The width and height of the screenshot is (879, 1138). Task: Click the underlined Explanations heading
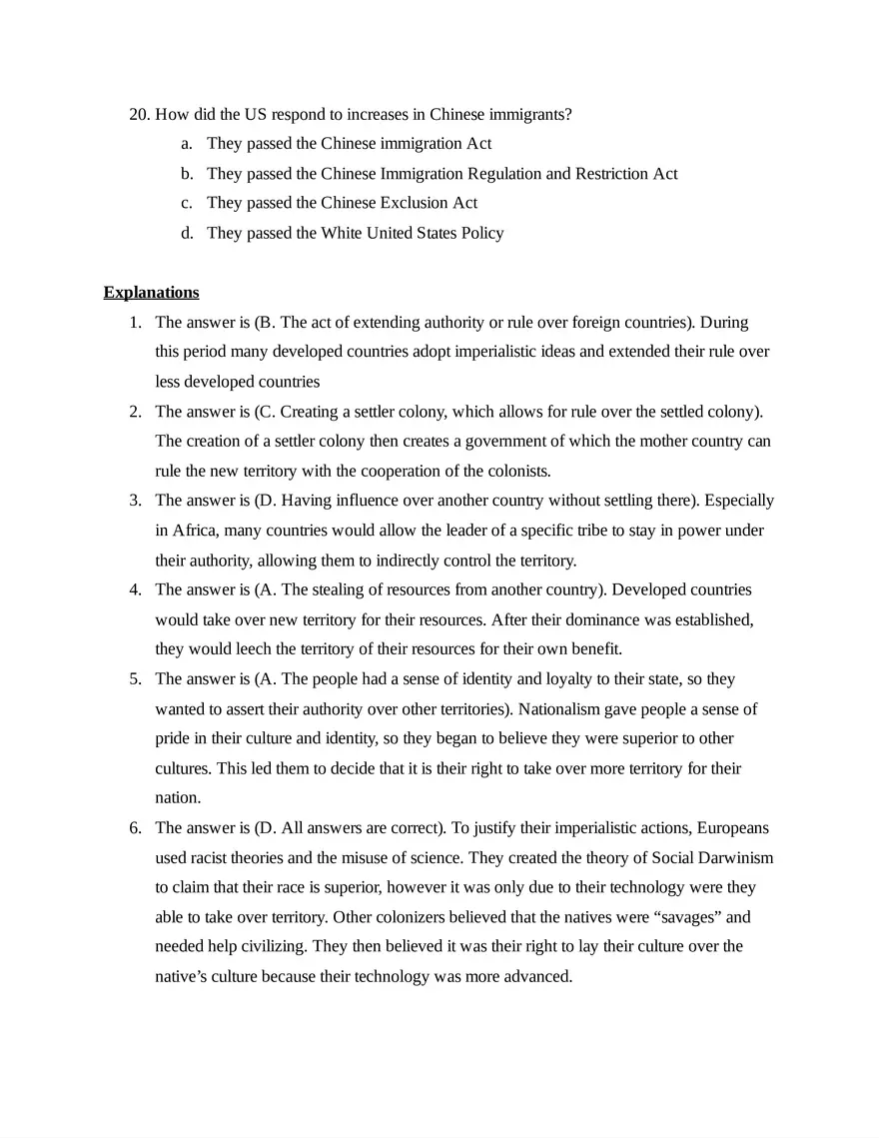(x=151, y=293)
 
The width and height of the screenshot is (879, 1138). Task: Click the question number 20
(x=139, y=114)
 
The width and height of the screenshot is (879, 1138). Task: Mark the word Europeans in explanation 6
(x=732, y=828)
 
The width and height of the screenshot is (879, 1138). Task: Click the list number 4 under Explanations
(x=135, y=589)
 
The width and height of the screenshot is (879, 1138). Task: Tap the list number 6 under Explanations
(x=135, y=828)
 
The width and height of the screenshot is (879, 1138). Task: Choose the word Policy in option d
(x=480, y=233)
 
